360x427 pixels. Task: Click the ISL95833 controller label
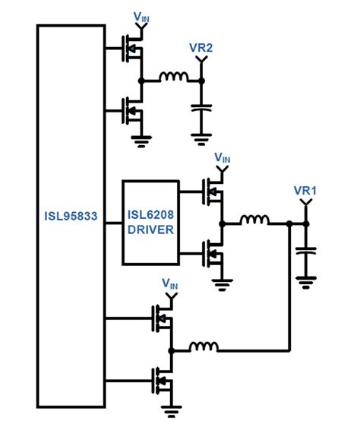[x=71, y=214]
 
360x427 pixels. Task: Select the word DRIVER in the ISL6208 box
[x=150, y=229]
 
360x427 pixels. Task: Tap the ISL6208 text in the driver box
[x=150, y=215]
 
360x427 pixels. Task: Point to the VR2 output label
[x=201, y=48]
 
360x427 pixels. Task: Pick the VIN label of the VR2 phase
[x=141, y=16]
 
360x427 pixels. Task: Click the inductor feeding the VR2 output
[x=175, y=78]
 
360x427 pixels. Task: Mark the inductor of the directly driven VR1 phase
[x=204, y=350]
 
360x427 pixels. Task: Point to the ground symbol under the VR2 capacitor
[x=201, y=138]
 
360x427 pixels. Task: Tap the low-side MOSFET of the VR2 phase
[x=134, y=111]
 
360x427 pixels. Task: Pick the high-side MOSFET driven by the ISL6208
[x=215, y=193]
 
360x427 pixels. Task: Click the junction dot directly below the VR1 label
[x=307, y=224]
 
